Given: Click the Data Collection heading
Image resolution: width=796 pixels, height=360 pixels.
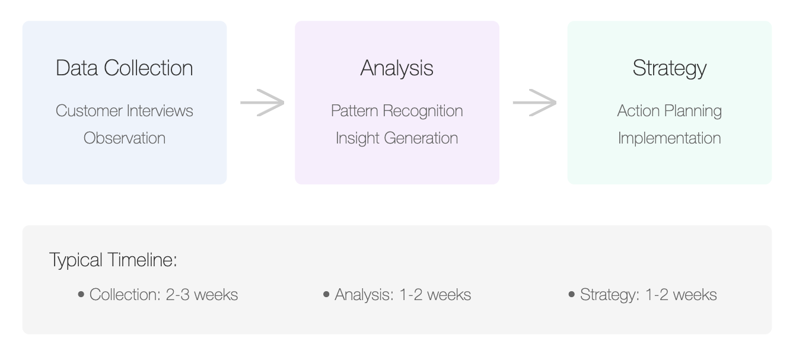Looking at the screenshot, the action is pos(125,68).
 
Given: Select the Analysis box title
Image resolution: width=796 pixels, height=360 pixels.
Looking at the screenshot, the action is pos(397,68).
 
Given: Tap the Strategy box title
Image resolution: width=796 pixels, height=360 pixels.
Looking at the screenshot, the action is pos(670,68).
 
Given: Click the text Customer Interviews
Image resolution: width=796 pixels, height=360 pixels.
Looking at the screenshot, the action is pos(125,111).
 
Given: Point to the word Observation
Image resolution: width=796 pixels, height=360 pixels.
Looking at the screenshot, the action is pos(125,138).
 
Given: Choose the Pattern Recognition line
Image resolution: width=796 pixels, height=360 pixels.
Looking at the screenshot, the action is pos(397,111).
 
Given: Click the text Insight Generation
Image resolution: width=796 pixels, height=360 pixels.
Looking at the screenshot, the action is pos(397,138).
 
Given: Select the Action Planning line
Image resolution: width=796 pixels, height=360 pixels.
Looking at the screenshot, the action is pos(670,111).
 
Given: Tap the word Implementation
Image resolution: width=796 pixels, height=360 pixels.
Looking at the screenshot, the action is pos(670,138).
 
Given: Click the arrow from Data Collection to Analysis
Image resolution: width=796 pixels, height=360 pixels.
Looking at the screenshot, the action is pos(262,103).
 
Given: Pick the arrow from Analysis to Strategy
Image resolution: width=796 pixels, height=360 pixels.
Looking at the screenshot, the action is pos(534,103).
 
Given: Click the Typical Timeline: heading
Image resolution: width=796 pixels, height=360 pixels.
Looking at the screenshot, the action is pos(113,260).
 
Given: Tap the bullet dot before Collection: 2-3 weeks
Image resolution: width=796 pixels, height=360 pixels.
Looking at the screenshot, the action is pos(81,294).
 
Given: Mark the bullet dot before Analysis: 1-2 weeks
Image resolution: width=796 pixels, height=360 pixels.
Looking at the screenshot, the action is pos(326,294).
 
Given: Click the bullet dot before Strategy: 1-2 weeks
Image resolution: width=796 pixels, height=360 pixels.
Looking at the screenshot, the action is pos(571,294).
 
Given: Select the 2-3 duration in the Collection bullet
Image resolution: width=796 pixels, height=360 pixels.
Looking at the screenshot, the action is pos(178,295).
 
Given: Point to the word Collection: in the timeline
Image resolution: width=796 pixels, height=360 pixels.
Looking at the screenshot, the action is pos(125,295).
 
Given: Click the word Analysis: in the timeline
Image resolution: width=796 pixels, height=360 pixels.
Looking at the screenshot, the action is pos(364,295).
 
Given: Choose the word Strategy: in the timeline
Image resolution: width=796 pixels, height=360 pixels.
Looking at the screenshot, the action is pos(610,295).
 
